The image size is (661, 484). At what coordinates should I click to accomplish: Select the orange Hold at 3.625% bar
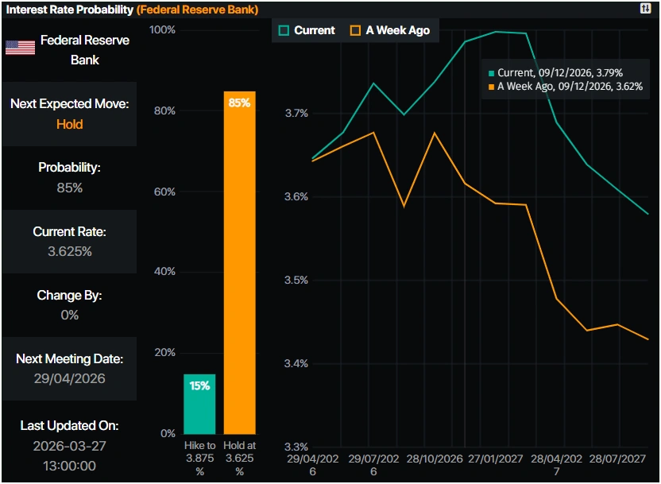point(239,262)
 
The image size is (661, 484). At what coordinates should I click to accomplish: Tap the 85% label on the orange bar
point(239,103)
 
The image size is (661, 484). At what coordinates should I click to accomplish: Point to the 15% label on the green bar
point(199,386)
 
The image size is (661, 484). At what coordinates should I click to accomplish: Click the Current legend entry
point(307,30)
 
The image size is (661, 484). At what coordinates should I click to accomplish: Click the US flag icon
point(20,48)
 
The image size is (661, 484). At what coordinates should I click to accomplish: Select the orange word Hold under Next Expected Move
point(69,124)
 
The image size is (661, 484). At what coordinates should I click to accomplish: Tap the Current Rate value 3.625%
point(69,251)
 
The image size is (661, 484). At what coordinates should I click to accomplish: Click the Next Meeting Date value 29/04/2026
point(69,378)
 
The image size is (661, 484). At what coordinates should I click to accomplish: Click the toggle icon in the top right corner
point(645,8)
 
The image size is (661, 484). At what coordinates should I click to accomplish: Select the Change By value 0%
point(69,315)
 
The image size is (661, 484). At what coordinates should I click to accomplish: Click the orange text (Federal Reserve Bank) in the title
point(197,10)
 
